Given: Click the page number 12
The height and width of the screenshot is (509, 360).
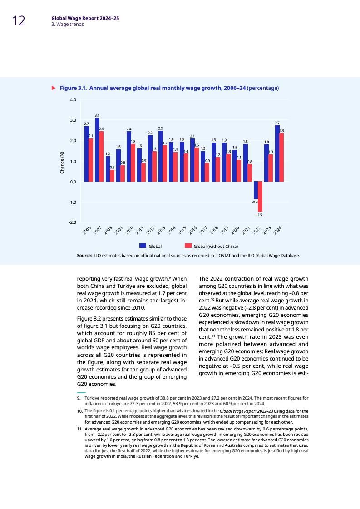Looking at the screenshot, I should (x=19, y=21).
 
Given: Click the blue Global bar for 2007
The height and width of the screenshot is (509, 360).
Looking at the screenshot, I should (x=97, y=150).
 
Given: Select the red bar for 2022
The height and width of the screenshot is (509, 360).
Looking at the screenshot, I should (x=260, y=196).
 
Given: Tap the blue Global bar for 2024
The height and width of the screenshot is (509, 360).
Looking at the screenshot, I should (x=277, y=153).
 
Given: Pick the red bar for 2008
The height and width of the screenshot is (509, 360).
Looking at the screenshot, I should (x=112, y=176).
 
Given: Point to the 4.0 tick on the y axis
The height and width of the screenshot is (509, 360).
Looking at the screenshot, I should (x=73, y=99).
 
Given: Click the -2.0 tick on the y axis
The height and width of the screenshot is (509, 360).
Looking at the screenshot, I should (x=73, y=222).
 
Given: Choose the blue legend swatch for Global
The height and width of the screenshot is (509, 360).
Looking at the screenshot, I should (x=143, y=246).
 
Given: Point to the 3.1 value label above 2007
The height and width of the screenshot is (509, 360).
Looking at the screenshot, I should (x=97, y=115).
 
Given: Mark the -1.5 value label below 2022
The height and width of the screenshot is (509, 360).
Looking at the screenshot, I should (x=259, y=214).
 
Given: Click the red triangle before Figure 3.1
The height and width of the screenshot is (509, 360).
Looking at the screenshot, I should (x=53, y=88).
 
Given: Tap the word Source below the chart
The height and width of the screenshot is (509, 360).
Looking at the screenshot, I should (x=84, y=256).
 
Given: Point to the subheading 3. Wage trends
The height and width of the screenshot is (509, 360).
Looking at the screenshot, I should (x=67, y=25).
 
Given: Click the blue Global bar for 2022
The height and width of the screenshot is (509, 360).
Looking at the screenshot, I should (x=256, y=190).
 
